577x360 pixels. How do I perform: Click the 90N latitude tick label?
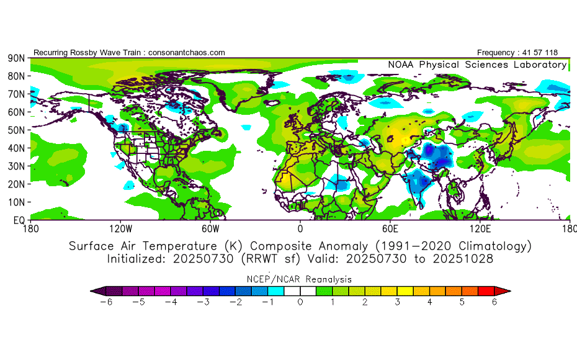pyautogui.click(x=16, y=58)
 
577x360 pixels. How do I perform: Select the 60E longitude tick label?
pyautogui.click(x=390, y=229)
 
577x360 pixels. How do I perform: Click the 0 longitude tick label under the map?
pyautogui.click(x=300, y=229)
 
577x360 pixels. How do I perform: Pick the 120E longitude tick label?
pyautogui.click(x=480, y=229)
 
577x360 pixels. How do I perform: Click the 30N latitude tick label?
pyautogui.click(x=16, y=166)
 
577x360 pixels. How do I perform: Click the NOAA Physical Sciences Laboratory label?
pyautogui.click(x=477, y=65)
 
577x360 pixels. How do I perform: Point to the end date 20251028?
pyautogui.click(x=463, y=259)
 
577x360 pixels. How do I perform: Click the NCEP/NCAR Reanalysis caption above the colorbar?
pyautogui.click(x=300, y=279)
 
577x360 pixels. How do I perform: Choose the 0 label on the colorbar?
pyautogui.click(x=300, y=302)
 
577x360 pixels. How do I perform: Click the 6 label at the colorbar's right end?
pyautogui.click(x=494, y=302)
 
